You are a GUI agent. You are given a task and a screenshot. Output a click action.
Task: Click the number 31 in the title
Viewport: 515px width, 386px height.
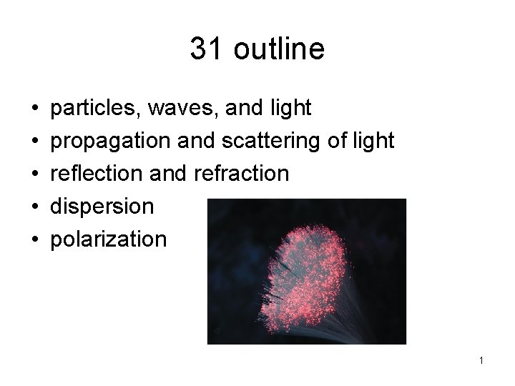[204, 49]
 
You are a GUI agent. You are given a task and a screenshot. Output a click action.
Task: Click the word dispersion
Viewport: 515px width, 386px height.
[102, 207]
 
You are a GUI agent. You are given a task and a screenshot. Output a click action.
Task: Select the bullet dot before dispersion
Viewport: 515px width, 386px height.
[36, 207]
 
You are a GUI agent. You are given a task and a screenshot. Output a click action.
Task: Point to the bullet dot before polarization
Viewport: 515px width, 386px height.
[36, 239]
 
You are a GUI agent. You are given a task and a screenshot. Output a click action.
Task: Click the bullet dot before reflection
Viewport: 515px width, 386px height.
[36, 174]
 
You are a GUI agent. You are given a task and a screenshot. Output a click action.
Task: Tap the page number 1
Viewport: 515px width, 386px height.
[481, 361]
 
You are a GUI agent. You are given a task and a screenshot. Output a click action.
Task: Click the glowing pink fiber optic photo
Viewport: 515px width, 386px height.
[306, 272]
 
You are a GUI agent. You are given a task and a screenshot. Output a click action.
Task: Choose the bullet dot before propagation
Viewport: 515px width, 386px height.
[36, 142]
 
